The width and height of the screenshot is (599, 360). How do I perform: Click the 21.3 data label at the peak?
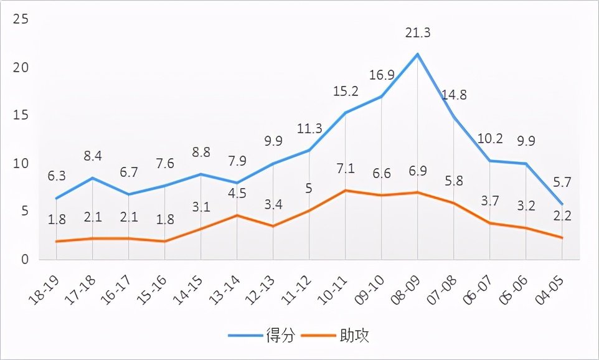(x=418, y=33)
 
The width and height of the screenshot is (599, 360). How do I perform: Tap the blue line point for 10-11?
(x=346, y=113)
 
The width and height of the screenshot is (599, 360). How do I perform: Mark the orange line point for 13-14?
(x=237, y=216)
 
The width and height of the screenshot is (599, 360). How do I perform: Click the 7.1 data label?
(x=346, y=169)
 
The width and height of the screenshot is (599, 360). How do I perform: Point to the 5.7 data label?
(x=562, y=182)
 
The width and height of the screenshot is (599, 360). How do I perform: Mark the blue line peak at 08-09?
(x=418, y=54)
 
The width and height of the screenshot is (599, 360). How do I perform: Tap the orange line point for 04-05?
(x=562, y=238)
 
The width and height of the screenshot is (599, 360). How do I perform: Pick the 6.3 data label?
(x=56, y=176)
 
